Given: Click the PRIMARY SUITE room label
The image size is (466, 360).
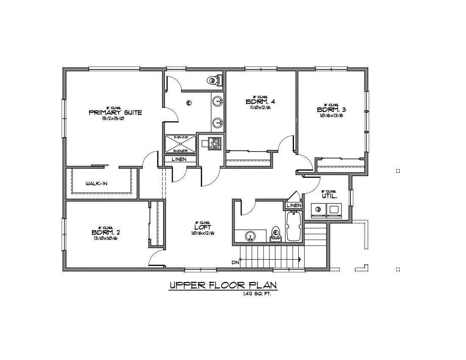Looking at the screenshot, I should point(115,113).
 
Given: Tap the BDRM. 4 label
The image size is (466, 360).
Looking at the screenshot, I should point(261,102).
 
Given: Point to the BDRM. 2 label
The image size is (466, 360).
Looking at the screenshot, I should point(106,233).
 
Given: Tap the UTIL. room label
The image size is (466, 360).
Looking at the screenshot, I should point(329,197).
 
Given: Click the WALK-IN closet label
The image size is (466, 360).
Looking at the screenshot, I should point(97,184).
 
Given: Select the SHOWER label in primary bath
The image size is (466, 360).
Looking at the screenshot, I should point(180,151).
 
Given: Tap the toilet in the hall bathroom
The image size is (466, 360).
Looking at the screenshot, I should point(275,234).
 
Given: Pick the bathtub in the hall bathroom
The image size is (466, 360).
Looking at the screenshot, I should point(293,227).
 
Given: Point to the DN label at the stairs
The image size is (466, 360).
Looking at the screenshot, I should point(236,263).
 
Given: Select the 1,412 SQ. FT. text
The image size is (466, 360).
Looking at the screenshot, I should point(257,294).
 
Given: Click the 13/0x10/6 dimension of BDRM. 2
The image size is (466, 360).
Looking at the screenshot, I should point(106,238).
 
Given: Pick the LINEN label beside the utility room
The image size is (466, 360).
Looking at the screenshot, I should point(294,205).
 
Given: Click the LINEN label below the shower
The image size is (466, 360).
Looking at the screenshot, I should point(179,159).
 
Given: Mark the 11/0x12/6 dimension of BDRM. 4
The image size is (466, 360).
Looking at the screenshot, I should point(261,108).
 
